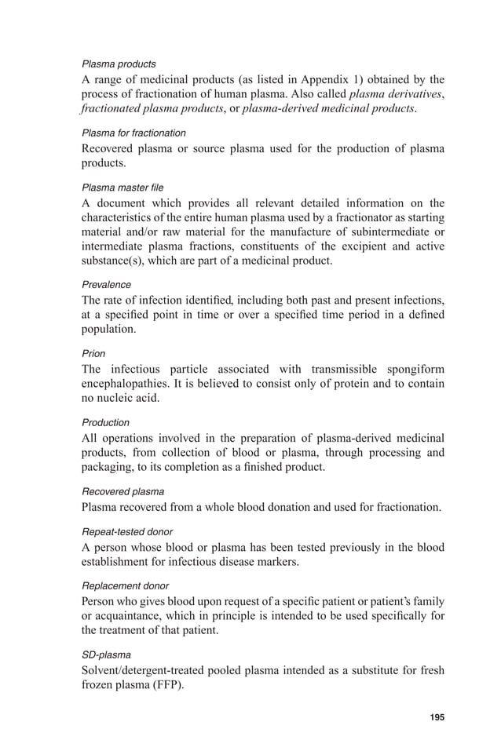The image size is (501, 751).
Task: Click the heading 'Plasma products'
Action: click(x=119, y=64)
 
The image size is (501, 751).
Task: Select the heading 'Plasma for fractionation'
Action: click(x=133, y=133)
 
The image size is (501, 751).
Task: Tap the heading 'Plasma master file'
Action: click(x=123, y=188)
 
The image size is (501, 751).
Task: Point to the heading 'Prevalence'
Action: click(x=106, y=285)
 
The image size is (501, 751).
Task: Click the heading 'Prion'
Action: click(x=93, y=353)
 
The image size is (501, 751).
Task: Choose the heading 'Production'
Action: click(x=105, y=422)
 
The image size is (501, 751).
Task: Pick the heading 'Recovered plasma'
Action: click(x=123, y=491)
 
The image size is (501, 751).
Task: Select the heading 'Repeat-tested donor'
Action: click(x=127, y=531)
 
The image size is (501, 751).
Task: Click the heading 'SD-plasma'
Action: click(x=106, y=654)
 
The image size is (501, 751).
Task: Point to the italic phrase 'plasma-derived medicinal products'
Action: click(x=328, y=109)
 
